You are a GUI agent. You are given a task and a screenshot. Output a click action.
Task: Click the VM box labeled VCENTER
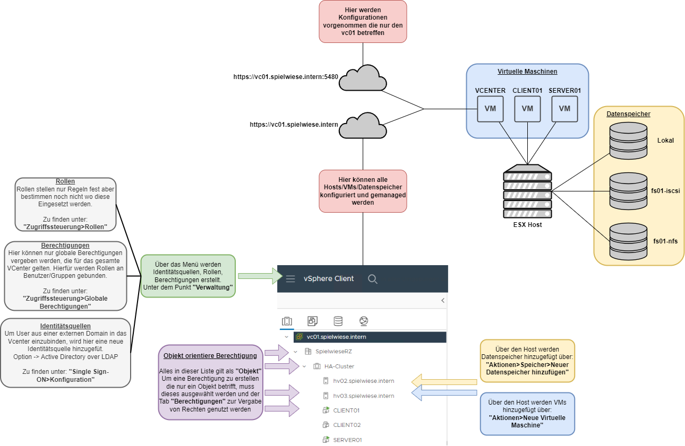coord(490,109)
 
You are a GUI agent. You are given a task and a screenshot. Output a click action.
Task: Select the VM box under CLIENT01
coord(527,109)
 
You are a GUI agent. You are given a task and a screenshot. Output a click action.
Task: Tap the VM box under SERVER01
coord(564,109)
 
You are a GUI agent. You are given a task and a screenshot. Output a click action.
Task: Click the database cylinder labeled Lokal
coord(629,141)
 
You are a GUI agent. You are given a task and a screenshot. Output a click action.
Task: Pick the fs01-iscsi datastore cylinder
coord(629,191)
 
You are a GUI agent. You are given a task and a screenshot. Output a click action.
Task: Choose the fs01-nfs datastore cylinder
coord(629,241)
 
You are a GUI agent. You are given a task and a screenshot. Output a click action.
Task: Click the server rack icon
coord(527,191)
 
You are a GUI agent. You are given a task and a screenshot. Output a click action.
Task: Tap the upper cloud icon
coord(363,78)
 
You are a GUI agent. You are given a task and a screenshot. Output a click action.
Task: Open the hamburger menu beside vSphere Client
coord(290,279)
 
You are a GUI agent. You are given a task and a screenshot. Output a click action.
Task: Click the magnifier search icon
coord(373,279)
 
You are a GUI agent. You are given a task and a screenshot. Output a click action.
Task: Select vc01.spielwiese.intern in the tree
coord(336,337)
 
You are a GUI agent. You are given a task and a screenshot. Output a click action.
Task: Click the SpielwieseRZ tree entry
coord(333,352)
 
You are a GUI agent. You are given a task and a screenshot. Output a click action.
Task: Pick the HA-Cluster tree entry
coord(339,366)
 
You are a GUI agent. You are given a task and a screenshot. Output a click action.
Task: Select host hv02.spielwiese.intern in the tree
coord(363,381)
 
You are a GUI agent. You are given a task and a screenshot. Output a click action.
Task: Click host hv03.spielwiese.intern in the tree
coord(363,396)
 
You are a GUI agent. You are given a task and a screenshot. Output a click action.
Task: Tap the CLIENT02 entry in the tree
coord(346,425)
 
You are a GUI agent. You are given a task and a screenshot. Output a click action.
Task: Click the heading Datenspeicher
coord(629,114)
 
